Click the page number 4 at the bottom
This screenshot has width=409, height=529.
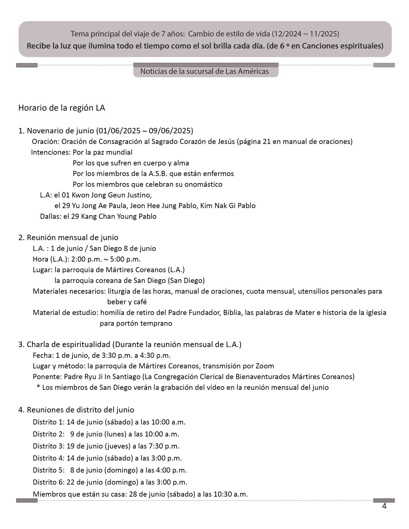pos(384,506)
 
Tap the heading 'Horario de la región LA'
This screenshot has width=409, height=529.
pos(62,108)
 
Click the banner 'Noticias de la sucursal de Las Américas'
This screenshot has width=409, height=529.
pos(204,71)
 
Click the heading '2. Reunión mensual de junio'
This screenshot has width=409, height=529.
pos(68,238)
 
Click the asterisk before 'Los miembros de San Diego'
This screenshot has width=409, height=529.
pos(38,387)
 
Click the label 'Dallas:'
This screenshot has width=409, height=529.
pos(50,216)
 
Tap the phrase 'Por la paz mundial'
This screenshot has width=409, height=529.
pos(102,152)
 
